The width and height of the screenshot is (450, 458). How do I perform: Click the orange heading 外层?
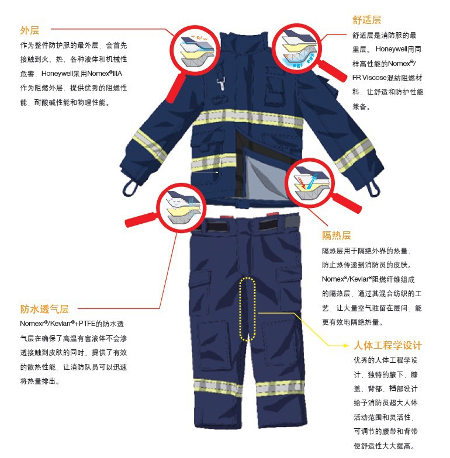[x=29, y=30]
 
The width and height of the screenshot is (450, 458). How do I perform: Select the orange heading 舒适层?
[x=367, y=20]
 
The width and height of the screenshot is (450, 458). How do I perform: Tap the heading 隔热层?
[x=337, y=235]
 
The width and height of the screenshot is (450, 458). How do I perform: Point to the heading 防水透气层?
[x=44, y=308]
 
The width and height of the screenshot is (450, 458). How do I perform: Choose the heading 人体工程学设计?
[x=387, y=345]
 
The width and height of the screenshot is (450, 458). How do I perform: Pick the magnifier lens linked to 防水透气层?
[x=181, y=205]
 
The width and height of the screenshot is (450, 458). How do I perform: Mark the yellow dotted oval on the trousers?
[x=248, y=308]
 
